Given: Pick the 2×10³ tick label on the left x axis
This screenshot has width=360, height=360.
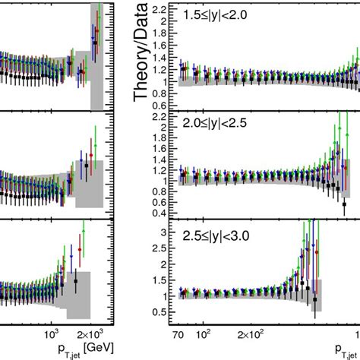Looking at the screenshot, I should (x=96, y=332).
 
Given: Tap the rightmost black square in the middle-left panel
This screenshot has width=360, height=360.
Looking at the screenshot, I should (x=87, y=166).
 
